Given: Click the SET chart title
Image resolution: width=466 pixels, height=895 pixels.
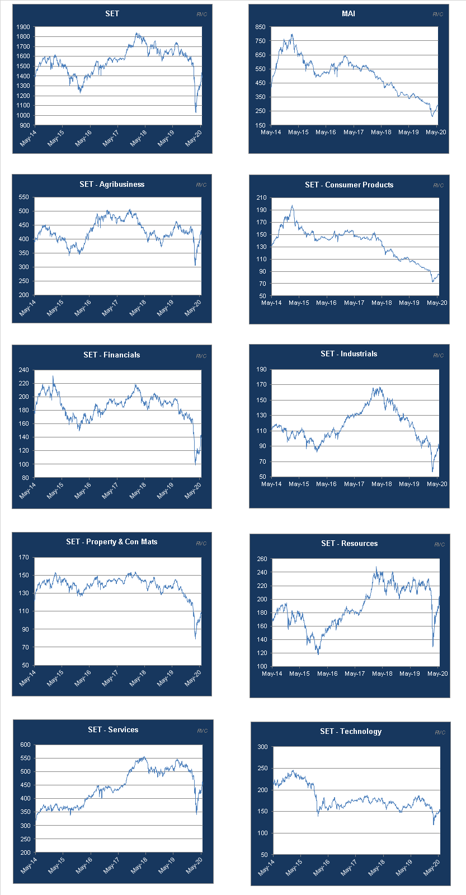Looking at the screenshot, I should click(112, 13).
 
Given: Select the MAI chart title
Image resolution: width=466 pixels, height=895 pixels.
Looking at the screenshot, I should click(349, 13).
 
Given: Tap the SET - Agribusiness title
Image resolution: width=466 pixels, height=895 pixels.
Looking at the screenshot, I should click(112, 184).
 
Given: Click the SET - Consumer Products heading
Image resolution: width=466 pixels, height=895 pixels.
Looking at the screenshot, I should click(349, 185).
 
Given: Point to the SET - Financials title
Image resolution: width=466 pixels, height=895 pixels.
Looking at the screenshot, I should click(112, 355).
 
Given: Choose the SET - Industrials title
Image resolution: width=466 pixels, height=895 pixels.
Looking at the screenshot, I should click(349, 354).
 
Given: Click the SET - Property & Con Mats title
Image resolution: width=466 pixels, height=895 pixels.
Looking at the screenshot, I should click(112, 541).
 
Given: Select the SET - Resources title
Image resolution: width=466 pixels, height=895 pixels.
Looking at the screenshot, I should click(350, 543).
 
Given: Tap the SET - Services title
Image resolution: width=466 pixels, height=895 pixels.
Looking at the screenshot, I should click(113, 729).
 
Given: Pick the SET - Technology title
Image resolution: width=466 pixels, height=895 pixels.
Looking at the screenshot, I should click(351, 731).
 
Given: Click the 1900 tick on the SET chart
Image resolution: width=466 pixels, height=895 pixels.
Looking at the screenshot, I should click(23, 27).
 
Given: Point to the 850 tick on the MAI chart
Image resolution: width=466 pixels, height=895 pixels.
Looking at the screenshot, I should click(260, 27).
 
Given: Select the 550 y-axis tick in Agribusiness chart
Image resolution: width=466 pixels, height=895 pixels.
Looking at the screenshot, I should click(23, 197).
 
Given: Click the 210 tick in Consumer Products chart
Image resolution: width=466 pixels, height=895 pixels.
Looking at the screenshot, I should click(261, 197).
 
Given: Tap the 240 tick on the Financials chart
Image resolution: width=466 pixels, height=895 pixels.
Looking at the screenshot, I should click(23, 370).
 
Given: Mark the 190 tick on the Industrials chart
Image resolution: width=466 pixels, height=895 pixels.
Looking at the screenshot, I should click(261, 369).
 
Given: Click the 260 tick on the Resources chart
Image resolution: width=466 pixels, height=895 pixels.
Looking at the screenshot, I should click(261, 559).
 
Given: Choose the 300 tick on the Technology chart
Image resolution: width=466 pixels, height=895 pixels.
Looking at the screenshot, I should click(262, 747).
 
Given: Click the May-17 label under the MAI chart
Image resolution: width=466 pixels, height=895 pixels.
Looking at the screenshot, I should click(353, 133).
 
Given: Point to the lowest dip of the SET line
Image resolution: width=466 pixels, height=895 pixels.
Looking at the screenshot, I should click(196, 112).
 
